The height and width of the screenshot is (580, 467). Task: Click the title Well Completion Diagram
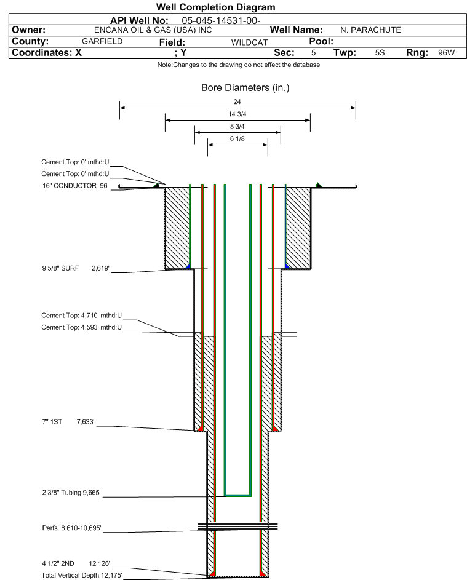point(215,7)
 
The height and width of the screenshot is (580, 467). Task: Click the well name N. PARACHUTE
point(370,30)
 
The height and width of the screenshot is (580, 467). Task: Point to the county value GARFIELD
point(102,41)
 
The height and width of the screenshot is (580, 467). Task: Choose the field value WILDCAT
point(249,42)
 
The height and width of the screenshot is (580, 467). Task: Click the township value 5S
point(380,53)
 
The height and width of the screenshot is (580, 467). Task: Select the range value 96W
point(446,53)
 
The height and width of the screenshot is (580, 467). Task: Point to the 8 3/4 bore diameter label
point(237,126)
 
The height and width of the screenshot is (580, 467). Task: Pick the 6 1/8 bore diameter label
point(237,139)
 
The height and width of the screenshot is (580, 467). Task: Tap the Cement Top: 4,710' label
point(82,316)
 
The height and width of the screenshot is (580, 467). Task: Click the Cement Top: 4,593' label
point(82,327)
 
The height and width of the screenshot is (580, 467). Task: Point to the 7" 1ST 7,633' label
point(67,422)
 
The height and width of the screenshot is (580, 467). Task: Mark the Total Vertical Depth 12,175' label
point(82,575)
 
